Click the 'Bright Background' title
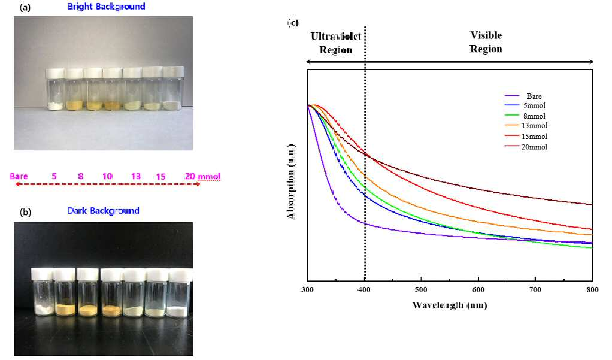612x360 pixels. click(106, 6)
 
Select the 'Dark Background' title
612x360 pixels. click(103, 211)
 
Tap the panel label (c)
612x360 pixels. click(293, 22)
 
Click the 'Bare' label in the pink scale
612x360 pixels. click(19, 176)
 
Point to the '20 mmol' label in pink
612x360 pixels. click(202, 176)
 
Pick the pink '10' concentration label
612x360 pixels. click(107, 176)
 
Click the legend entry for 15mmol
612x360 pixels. click(526, 136)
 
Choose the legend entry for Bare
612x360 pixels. click(523, 96)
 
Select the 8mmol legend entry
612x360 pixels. click(525, 116)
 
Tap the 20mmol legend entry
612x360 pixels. click(526, 147)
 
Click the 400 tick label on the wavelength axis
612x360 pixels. click(364, 289)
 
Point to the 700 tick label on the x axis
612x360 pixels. click(535, 289)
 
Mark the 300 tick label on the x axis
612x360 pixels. click(307, 289)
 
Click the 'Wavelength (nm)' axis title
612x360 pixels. click(450, 305)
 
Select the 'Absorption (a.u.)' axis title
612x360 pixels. click(291, 181)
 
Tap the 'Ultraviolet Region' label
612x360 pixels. click(336, 43)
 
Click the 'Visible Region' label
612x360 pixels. click(486, 42)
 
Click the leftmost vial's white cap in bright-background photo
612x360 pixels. click(55, 74)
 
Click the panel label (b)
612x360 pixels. click(25, 212)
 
